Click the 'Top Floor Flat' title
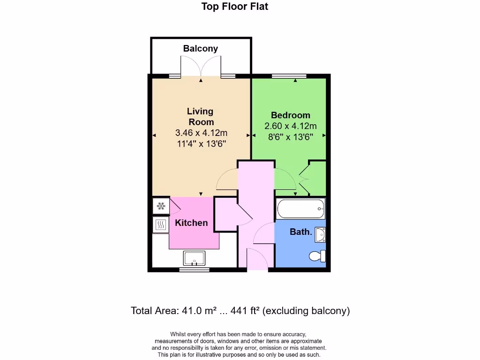click(234, 7)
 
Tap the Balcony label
click(200, 48)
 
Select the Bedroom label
click(291, 115)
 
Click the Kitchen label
click(191, 223)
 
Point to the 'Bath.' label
click(300, 232)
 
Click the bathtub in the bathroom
click(300, 209)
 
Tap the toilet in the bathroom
click(317, 256)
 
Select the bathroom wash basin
click(320, 234)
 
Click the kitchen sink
click(194, 258)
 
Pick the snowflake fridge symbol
click(161, 206)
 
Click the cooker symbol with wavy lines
click(161, 225)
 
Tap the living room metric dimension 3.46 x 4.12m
click(201, 133)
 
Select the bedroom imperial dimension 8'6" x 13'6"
click(291, 136)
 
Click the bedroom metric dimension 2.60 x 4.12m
click(291, 126)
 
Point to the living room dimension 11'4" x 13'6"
click(201, 143)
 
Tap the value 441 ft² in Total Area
click(246, 310)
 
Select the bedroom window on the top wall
click(289, 75)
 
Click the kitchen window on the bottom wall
click(194, 270)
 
